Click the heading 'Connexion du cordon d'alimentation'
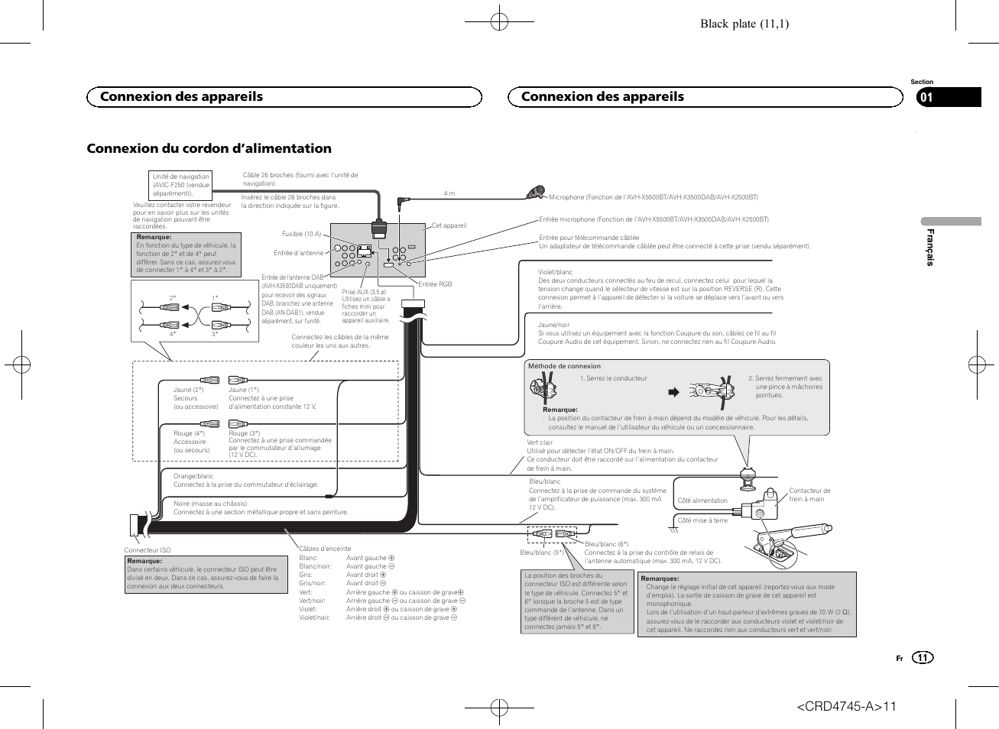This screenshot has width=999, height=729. [x=209, y=148]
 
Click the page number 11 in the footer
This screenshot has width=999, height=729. [x=923, y=658]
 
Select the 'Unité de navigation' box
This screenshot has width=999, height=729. [x=181, y=185]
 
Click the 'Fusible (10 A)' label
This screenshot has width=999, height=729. [x=302, y=234]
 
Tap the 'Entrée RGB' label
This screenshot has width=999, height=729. [x=435, y=284]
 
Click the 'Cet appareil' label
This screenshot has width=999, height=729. [x=449, y=225]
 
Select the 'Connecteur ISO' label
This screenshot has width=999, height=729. [x=148, y=550]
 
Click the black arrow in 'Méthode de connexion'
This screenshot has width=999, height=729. [x=673, y=393]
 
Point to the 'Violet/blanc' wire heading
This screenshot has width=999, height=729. [x=555, y=272]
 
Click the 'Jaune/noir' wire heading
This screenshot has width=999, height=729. [x=553, y=325]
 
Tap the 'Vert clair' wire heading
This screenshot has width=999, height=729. [x=540, y=442]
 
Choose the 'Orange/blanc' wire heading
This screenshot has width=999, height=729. [x=193, y=476]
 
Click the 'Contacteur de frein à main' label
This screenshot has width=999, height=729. [x=809, y=495]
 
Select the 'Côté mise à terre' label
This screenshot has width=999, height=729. [x=702, y=520]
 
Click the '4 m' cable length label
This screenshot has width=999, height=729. [x=449, y=193]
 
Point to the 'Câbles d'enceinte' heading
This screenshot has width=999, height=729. [x=325, y=549]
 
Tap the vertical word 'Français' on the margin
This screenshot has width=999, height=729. [x=930, y=247]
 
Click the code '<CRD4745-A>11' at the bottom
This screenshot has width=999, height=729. [x=846, y=706]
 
